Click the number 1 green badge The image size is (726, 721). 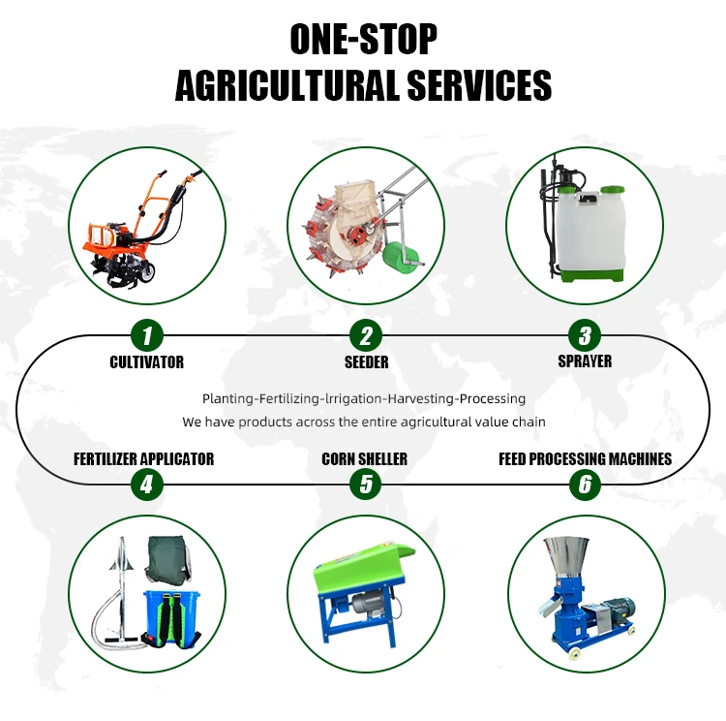(x=147, y=335)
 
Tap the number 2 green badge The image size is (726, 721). (x=366, y=335)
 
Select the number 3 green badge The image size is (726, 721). (x=585, y=334)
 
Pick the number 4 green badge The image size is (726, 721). (x=147, y=485)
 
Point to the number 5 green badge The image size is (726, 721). (x=366, y=485)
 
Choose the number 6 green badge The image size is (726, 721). (x=585, y=485)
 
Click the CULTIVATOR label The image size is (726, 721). (x=147, y=362)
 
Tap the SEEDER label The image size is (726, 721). (x=366, y=362)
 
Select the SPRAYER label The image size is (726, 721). (x=585, y=361)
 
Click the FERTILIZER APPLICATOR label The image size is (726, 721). (x=144, y=459)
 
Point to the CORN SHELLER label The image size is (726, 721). (x=364, y=459)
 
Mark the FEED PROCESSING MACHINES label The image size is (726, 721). (x=586, y=459)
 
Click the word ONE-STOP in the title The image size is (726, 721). (x=363, y=40)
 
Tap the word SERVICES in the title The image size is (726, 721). (x=479, y=85)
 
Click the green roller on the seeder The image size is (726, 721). (x=400, y=258)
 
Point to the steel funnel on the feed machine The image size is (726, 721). (x=566, y=556)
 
